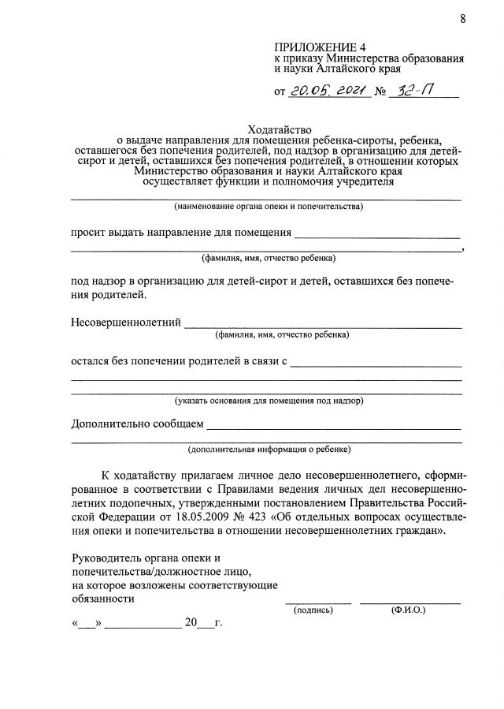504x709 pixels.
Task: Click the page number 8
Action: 463,20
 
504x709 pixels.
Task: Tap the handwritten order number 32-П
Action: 415,91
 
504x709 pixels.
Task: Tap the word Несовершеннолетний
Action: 126,322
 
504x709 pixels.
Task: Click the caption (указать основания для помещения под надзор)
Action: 269,400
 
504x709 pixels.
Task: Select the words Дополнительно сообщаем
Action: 136,424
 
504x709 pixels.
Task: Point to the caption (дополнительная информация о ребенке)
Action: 269,450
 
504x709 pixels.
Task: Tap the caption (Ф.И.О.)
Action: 407,610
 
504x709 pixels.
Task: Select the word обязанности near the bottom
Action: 102,598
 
